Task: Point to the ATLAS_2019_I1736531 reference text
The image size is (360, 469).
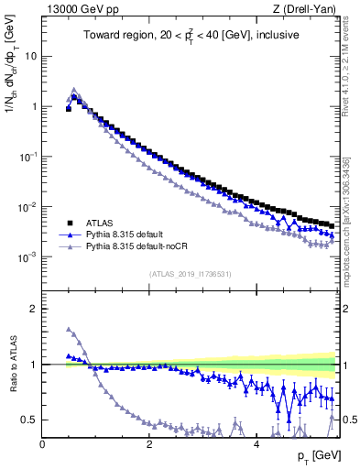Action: pyautogui.click(x=190, y=274)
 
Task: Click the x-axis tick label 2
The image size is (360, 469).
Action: pyautogui.click(x=149, y=444)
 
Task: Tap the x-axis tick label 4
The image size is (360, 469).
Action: pyautogui.click(x=256, y=444)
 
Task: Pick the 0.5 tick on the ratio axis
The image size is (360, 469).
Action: pyautogui.click(x=28, y=420)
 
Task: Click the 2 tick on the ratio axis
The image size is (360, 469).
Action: pyautogui.click(x=33, y=309)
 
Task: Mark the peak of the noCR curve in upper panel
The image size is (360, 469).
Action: pyautogui.click(x=74, y=90)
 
